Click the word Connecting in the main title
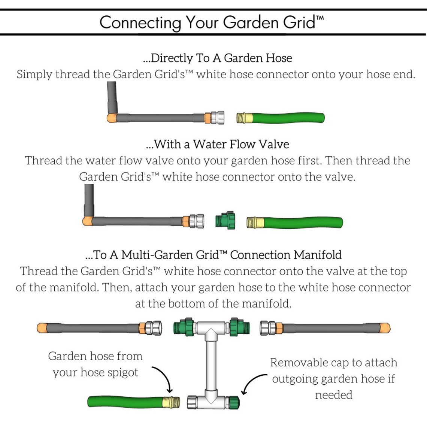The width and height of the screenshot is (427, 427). point(140,22)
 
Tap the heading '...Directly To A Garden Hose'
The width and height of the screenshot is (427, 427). point(217,58)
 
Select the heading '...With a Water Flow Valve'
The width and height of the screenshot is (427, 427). point(217,144)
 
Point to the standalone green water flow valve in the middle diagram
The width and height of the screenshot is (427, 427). point(225,220)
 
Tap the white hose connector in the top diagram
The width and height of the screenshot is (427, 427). point(217,118)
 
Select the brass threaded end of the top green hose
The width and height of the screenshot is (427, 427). point(244,118)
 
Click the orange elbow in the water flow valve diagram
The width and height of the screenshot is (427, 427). point(88,221)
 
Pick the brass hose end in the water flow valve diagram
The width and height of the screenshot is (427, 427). point(255,222)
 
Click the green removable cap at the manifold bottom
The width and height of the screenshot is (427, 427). point(233,402)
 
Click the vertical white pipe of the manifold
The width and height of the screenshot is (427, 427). point(211,363)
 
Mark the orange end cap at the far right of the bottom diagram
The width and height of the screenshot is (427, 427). point(385,328)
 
